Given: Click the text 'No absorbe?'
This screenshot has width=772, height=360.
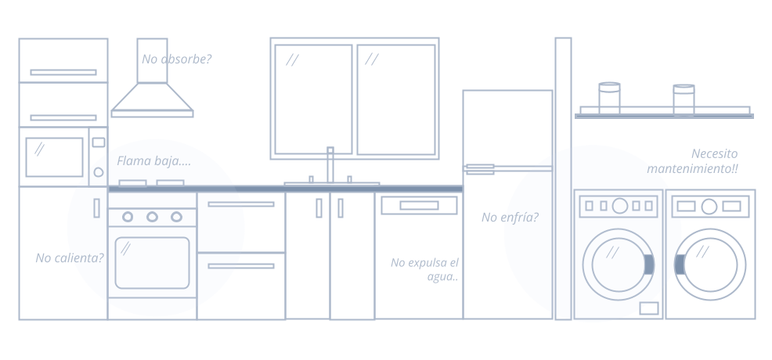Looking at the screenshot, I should [176, 59].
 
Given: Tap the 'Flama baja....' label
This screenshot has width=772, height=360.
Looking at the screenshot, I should [153, 161].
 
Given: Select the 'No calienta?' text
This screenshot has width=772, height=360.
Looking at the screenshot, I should [70, 257].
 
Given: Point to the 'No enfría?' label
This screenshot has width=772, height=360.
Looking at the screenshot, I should [510, 218].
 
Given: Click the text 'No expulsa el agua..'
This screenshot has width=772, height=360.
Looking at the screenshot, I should [425, 269].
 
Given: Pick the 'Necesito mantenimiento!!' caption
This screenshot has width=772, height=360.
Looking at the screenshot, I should [693, 161].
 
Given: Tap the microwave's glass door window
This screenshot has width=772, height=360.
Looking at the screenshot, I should [54, 157].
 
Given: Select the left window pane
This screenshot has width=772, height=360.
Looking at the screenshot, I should [313, 99].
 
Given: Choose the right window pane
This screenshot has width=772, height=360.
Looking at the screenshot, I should [396, 99].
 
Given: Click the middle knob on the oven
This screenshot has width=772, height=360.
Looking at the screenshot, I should [153, 217].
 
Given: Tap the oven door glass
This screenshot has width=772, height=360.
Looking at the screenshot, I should [152, 263].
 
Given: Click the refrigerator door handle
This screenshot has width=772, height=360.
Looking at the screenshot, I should [479, 168].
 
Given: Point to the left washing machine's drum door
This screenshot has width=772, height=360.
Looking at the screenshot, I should [617, 265].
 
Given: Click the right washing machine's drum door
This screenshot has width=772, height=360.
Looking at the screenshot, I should [710, 265].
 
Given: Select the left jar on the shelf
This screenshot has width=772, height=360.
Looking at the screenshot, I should [609, 98].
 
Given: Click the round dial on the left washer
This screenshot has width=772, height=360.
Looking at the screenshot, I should [620, 206].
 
